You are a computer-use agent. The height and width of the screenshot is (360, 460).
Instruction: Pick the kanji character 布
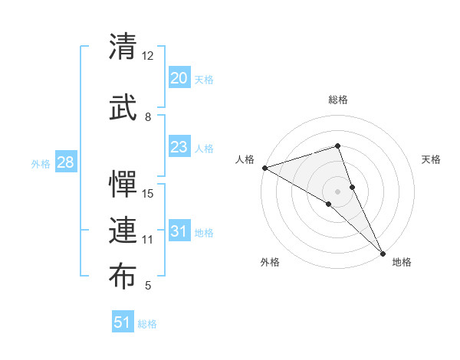(123, 277)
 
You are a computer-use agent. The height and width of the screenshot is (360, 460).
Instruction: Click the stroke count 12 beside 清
(148, 56)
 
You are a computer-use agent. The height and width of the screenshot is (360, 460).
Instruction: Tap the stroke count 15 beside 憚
(148, 193)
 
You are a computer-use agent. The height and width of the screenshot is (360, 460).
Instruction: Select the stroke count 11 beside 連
(148, 240)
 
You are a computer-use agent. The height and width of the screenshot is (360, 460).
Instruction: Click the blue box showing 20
(179, 77)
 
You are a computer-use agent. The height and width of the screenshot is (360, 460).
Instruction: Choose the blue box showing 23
(179, 147)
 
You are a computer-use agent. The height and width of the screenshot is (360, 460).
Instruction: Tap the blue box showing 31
(179, 231)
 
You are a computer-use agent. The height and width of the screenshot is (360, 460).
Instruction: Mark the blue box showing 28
(65, 162)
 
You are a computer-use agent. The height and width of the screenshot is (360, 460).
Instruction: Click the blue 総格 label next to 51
(147, 324)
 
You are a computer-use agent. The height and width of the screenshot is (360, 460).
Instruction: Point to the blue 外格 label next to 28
(41, 164)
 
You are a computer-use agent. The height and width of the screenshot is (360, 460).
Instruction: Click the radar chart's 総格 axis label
(337, 100)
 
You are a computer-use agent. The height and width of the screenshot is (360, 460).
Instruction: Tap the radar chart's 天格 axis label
(432, 159)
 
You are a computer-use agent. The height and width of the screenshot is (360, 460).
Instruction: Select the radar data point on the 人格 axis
(264, 168)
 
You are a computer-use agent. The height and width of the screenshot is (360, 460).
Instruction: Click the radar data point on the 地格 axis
(383, 252)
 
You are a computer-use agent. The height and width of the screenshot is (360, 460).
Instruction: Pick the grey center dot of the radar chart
(337, 191)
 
